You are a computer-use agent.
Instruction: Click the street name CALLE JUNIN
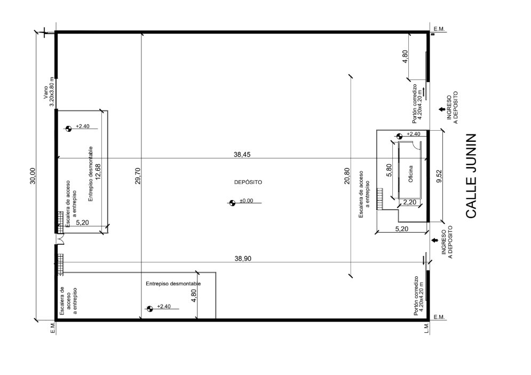(x=471, y=175)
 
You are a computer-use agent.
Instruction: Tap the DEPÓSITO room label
(x=248, y=182)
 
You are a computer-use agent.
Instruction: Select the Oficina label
(x=410, y=174)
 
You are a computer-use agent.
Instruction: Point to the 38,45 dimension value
(x=242, y=155)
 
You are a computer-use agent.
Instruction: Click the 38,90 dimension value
(x=243, y=259)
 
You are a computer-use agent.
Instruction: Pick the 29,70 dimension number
(x=138, y=175)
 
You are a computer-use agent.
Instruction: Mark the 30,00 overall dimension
(x=33, y=175)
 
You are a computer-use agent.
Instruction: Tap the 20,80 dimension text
(x=347, y=175)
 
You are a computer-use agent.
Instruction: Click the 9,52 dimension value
(x=439, y=176)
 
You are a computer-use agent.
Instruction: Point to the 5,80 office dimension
(x=389, y=170)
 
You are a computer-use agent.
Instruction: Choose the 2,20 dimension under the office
(x=409, y=202)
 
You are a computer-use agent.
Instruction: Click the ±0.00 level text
(x=247, y=201)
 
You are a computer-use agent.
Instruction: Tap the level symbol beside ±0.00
(x=232, y=203)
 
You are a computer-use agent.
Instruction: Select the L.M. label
(x=426, y=328)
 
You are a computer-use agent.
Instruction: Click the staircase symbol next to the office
(x=379, y=198)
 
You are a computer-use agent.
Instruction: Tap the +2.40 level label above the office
(x=413, y=134)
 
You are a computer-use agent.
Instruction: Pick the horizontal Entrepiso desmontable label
(x=173, y=284)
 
